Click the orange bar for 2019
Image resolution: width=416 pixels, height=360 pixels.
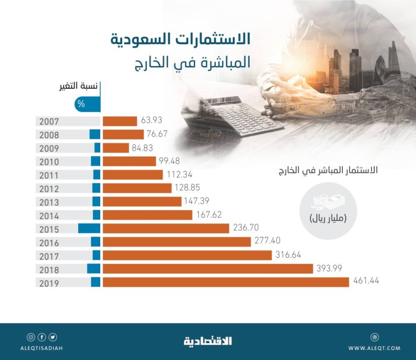(226, 282)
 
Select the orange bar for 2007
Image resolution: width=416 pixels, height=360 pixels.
(120, 121)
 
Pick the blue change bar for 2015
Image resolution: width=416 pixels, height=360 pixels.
(89, 229)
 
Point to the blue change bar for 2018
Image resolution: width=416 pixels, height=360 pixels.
(94, 269)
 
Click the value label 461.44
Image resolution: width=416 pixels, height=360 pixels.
(366, 281)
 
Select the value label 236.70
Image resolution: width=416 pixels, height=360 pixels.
(246, 228)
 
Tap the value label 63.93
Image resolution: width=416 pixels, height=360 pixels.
(152, 120)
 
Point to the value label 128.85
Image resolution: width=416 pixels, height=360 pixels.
(187, 188)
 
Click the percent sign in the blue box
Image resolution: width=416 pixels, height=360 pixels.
(81, 104)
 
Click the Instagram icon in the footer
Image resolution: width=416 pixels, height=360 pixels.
(31, 337)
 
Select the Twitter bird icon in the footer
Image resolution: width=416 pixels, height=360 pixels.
(53, 337)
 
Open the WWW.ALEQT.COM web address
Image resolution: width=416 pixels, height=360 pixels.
(374, 348)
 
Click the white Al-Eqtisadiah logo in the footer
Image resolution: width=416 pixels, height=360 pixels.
(207, 341)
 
